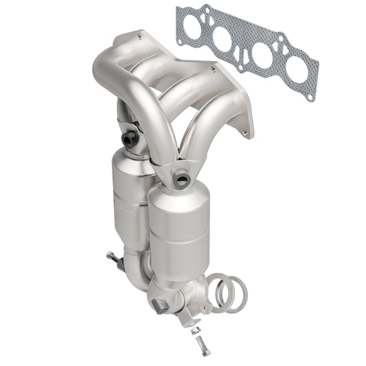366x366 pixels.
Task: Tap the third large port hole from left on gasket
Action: coord(264,55)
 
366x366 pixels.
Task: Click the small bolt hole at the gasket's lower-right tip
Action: coord(310,97)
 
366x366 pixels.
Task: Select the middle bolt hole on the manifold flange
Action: coord(214,69)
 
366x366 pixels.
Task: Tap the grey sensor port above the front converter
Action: coord(181,181)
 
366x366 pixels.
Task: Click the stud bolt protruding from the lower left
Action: coord(111,258)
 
